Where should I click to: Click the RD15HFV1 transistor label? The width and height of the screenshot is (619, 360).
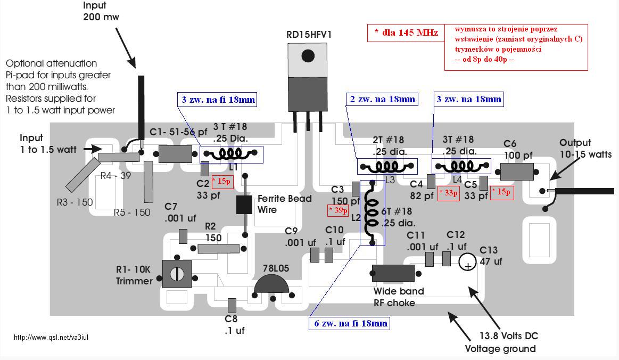[x=309, y=35]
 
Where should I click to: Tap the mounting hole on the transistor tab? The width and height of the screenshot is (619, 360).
[x=308, y=56]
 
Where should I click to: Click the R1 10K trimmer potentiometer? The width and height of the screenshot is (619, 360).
[x=177, y=274]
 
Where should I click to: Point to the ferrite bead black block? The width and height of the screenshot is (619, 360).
[x=244, y=204]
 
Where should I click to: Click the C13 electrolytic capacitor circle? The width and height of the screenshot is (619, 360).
[x=467, y=263]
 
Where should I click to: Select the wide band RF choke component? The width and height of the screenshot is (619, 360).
[x=393, y=273]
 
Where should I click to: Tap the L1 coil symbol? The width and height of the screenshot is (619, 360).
[x=230, y=153]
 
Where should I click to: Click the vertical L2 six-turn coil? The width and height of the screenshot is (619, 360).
[x=372, y=212]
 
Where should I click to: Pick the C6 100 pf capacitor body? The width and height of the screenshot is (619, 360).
[x=517, y=172]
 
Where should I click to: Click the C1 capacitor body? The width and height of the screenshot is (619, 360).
[x=175, y=154]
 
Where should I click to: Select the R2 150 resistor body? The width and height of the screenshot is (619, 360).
[x=218, y=249]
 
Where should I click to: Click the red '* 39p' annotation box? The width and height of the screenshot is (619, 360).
[x=338, y=211]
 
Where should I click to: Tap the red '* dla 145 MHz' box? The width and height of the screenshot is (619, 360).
[x=406, y=33]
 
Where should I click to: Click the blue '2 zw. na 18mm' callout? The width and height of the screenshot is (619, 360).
[x=382, y=99]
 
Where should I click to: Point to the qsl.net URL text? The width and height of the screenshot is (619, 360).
[x=51, y=338]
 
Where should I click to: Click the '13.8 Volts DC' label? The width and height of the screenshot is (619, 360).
[x=508, y=336]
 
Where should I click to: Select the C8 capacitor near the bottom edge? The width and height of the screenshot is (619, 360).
[x=232, y=306]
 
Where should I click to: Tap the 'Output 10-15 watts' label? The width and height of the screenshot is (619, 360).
[x=585, y=149]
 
